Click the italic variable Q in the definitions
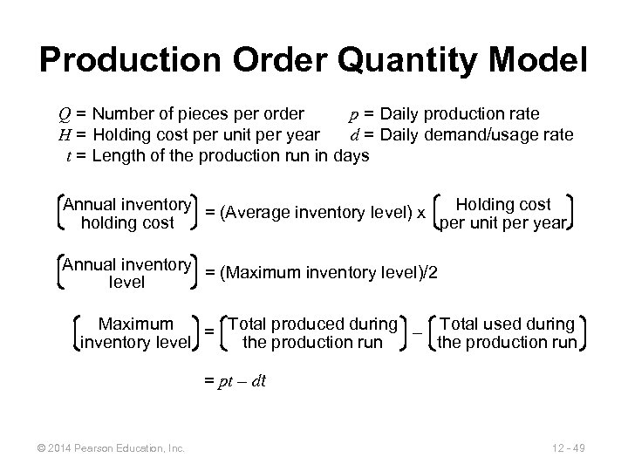(x=65, y=113)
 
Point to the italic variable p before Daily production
(x=353, y=113)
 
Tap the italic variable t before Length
(x=69, y=156)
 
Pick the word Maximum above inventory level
(x=135, y=324)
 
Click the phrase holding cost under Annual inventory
(x=127, y=223)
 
